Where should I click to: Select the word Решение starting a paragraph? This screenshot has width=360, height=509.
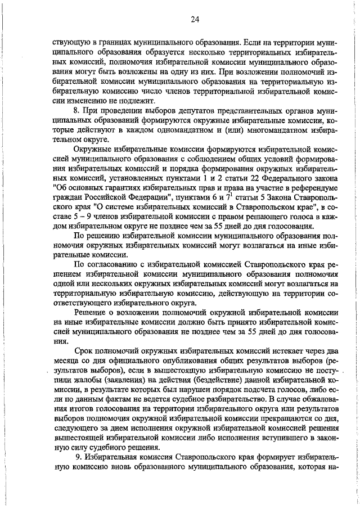tap(92, 312)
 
